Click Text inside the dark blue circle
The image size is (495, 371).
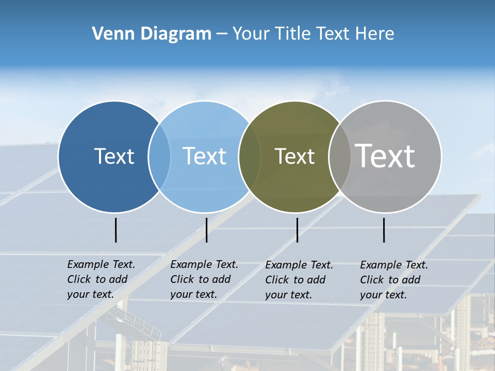114,156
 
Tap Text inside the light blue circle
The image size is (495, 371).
204,156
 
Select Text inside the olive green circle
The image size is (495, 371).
294,156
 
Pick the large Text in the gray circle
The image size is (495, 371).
385,156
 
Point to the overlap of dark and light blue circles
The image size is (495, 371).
159,156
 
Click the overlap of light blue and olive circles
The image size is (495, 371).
250,156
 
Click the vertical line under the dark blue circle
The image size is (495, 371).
115,230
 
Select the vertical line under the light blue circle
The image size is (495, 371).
206,230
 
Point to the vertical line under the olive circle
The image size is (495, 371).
297,230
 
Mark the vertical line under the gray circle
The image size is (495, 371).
384,230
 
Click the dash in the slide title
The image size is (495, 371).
222,34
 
